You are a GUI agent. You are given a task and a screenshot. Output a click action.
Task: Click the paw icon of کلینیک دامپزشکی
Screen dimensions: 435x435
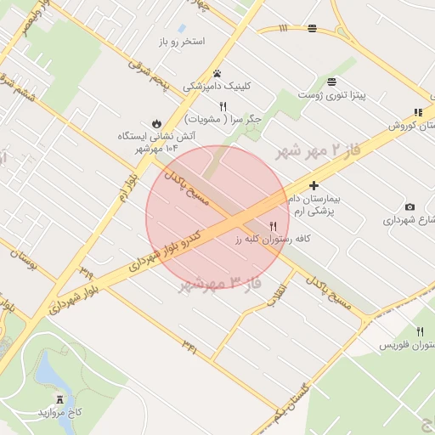point(218,73)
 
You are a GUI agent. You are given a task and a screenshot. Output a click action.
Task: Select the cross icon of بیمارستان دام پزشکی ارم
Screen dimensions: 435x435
point(314,185)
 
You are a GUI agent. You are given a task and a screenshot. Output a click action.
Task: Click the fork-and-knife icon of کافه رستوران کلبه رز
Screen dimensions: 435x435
point(273,227)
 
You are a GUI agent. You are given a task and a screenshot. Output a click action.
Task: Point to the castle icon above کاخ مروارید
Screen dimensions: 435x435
point(59,398)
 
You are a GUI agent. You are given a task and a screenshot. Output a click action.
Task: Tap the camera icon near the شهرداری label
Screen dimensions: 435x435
point(410,206)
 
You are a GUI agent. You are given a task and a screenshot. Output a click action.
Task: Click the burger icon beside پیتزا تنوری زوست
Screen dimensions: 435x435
point(330,82)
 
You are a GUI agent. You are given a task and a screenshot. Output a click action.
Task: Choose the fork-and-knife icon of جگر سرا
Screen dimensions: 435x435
point(223,107)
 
